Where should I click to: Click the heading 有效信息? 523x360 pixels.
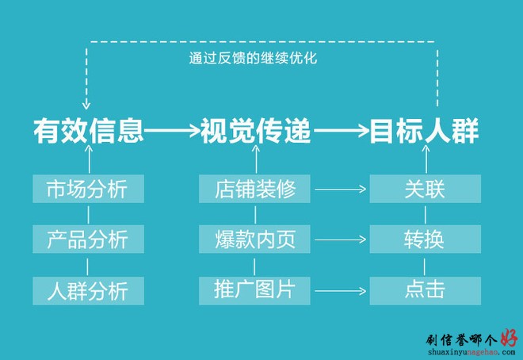(89, 131)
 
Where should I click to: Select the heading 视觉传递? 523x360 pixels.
(255, 131)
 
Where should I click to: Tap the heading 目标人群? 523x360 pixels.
(425, 131)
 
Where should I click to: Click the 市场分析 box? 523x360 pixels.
(89, 189)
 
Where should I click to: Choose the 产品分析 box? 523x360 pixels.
(89, 239)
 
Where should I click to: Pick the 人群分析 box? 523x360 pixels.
(89, 290)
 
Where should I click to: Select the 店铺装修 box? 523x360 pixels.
(254, 189)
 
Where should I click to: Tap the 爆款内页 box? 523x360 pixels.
(254, 239)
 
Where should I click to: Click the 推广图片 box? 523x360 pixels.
(254, 290)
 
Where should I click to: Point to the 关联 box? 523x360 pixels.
(426, 189)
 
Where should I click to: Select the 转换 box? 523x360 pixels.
(426, 239)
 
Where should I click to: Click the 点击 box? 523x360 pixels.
(426, 290)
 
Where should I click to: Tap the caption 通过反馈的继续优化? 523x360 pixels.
(253, 58)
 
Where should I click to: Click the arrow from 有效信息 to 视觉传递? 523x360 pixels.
(172, 131)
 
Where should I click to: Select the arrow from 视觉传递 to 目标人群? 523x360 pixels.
(342, 131)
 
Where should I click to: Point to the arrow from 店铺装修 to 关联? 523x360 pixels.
(340, 190)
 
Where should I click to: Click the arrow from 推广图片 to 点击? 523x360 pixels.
(340, 291)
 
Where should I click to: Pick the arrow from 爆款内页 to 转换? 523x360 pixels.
(340, 239)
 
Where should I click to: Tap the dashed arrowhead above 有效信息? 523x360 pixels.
(86, 105)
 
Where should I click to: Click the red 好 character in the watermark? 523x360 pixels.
(509, 338)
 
